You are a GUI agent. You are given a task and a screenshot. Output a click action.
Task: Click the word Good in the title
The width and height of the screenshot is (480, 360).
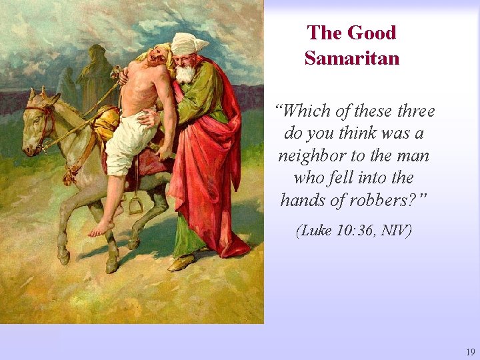372,33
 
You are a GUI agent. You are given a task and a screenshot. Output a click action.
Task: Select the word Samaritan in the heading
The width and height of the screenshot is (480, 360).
352,58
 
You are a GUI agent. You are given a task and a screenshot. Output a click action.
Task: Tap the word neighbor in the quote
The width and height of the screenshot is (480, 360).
315,155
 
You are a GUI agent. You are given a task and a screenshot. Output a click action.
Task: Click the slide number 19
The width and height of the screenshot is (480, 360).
470,351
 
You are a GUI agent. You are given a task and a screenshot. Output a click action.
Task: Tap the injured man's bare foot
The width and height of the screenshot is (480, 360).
101,229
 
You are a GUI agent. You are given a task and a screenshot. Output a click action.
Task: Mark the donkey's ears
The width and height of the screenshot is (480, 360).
41,94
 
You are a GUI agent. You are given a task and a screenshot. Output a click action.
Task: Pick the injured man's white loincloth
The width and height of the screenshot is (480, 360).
127,143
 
